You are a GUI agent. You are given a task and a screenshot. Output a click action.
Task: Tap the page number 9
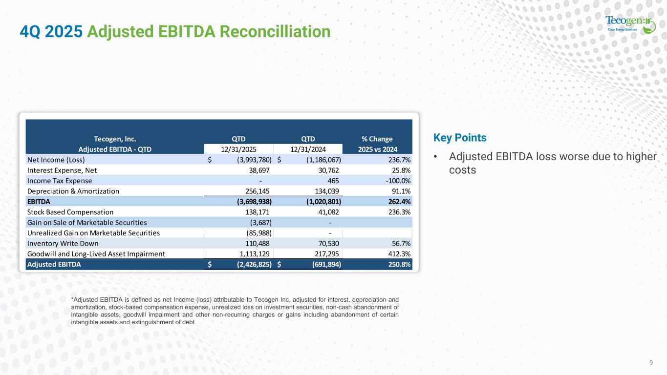(x=651, y=362)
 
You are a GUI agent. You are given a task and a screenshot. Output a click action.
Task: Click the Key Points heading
(x=459, y=138)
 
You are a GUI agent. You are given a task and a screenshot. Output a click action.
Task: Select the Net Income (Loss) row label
(x=56, y=160)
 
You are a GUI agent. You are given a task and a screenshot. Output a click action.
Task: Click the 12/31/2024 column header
(x=308, y=149)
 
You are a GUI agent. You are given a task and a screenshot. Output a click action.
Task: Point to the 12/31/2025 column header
(x=239, y=149)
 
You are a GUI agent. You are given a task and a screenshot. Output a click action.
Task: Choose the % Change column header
(x=376, y=139)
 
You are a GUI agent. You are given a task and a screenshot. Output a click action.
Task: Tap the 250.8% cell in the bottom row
(x=398, y=264)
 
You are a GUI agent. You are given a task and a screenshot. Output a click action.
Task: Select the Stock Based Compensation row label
(x=70, y=212)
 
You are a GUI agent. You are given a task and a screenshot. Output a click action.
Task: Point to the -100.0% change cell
(x=395, y=181)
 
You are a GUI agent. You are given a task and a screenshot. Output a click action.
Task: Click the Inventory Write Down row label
(x=63, y=243)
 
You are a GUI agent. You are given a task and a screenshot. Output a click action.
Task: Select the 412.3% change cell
(x=398, y=253)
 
